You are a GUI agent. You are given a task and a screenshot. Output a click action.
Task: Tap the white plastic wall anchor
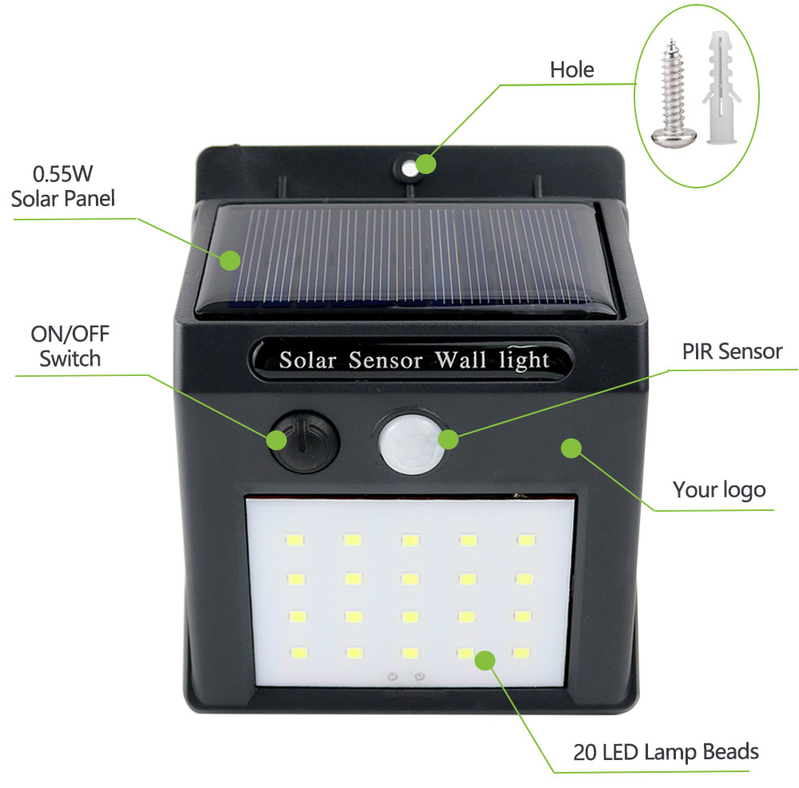[721, 88]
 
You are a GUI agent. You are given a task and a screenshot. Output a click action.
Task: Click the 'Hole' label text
[572, 69]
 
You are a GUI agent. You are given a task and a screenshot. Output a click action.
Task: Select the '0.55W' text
[62, 174]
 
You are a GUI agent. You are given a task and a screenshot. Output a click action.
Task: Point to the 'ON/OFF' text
[70, 335]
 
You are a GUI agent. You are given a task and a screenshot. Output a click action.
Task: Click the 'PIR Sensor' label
[732, 351]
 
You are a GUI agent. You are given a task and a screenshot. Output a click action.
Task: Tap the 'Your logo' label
[719, 489]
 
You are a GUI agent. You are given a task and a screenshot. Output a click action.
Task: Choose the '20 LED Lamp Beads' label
[666, 752]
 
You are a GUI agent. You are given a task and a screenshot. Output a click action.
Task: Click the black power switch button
[304, 442]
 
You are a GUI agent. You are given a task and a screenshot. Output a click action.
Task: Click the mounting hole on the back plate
[408, 167]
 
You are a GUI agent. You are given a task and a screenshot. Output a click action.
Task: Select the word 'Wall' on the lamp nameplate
[460, 359]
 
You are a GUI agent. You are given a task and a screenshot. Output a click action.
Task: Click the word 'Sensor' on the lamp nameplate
[386, 360]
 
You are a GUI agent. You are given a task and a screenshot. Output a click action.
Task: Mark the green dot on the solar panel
[230, 260]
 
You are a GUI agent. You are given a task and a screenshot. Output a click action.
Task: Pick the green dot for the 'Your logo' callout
[571, 448]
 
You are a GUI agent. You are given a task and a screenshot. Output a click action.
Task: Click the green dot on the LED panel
[485, 661]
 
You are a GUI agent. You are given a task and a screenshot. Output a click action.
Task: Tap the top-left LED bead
[295, 539]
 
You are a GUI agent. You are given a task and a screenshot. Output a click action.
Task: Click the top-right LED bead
[527, 540]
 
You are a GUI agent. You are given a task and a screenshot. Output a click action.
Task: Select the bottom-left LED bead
[299, 652]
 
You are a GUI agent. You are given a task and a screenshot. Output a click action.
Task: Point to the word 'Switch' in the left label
[70, 359]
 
